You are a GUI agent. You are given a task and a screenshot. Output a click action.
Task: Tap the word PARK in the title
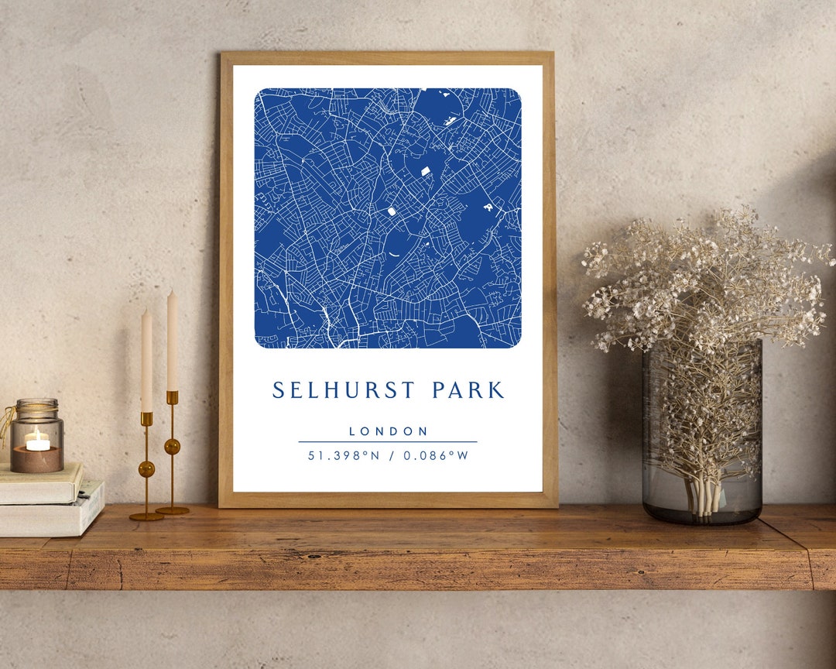[x=468, y=390]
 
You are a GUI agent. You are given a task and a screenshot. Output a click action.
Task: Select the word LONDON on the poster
[x=388, y=431]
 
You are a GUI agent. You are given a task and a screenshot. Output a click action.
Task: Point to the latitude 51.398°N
[x=344, y=455]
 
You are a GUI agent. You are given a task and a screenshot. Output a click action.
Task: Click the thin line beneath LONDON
[x=388, y=442]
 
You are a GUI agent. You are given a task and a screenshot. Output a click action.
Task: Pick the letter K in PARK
[x=497, y=390]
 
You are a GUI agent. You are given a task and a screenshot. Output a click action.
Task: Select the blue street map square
[x=388, y=218]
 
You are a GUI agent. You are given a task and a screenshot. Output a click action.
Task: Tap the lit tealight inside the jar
[x=37, y=441]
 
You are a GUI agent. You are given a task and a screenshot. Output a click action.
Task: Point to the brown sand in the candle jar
[x=37, y=459]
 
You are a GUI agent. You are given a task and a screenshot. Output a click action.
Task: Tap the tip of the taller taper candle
[x=171, y=293]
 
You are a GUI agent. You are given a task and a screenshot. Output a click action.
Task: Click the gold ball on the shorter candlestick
[x=146, y=468]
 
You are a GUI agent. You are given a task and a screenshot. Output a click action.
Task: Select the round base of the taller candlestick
[x=172, y=510]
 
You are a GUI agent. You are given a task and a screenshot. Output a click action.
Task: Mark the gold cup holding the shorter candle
[x=146, y=418]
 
